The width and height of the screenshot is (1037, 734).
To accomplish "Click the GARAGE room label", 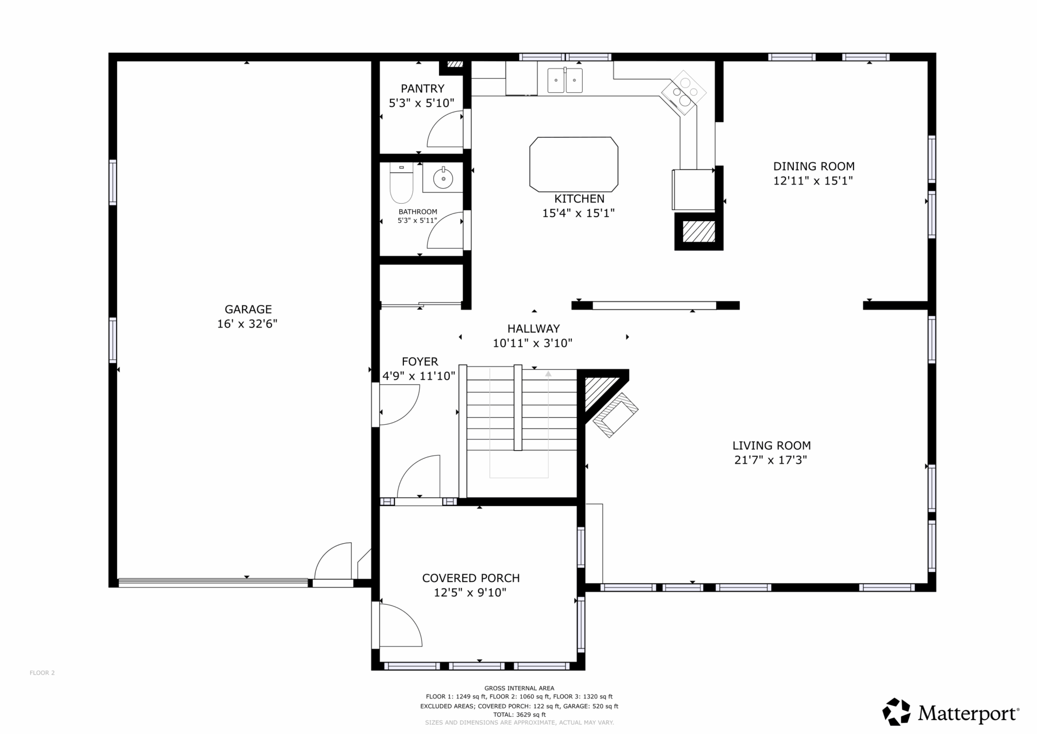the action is click(x=248, y=309).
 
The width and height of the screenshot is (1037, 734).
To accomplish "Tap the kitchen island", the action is click(x=574, y=164).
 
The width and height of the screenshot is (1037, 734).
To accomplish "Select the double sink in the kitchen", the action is click(x=565, y=81).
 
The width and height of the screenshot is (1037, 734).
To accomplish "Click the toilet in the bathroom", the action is click(x=401, y=182).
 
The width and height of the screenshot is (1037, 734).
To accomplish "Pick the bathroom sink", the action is click(x=443, y=178).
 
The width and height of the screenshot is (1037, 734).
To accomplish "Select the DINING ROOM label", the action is click(x=814, y=166).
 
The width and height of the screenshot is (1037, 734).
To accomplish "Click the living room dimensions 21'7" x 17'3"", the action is click(x=771, y=460).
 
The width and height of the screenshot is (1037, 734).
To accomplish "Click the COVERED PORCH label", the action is click(x=471, y=578).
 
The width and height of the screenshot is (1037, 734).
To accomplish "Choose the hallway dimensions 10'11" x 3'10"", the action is click(x=533, y=343).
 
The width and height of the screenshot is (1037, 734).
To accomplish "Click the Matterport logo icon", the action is click(x=897, y=712).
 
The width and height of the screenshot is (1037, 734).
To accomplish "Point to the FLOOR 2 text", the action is click(x=42, y=673).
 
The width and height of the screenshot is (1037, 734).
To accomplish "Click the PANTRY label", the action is click(x=422, y=89).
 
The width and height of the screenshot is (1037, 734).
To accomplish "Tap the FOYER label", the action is click(x=420, y=362).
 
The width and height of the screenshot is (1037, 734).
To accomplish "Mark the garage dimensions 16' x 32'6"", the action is click(x=247, y=324).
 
